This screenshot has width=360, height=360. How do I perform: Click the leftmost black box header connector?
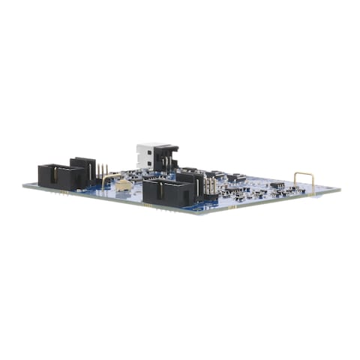pyautogui.click(x=61, y=176)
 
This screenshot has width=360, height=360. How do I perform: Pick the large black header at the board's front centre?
pyautogui.click(x=166, y=192)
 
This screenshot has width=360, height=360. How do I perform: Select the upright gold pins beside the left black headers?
pyautogui.click(x=103, y=172)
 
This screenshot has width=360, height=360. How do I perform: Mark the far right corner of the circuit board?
pyautogui.click(x=339, y=188)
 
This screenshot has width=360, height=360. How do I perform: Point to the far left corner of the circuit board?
pyautogui.click(x=23, y=184)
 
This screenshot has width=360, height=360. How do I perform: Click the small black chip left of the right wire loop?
pyautogui.click(x=277, y=184)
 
